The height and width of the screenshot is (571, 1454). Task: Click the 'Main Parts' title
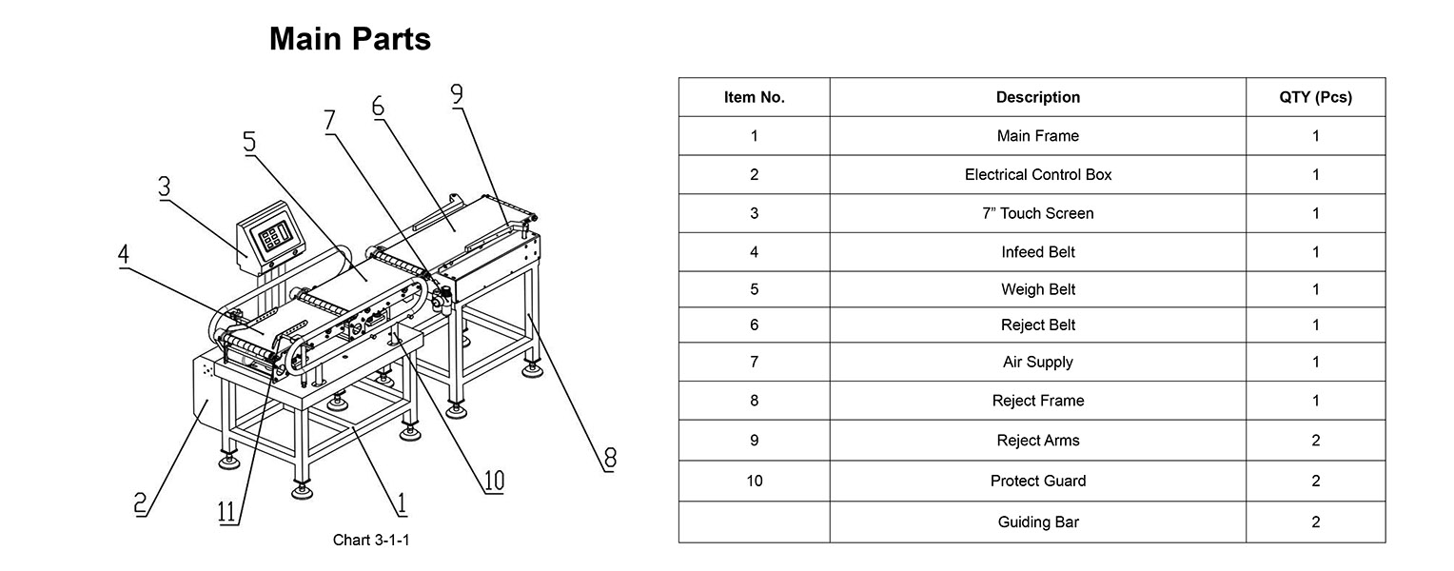[349, 39]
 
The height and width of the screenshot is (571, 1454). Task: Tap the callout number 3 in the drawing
[165, 187]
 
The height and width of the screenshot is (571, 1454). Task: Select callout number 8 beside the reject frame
[609, 459]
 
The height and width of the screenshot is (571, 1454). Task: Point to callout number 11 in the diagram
[227, 512]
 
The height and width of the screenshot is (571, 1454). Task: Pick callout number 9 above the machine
[457, 94]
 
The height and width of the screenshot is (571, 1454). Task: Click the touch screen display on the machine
[272, 236]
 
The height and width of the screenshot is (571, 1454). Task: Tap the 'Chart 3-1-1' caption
[371, 541]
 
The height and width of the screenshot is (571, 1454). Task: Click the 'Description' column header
[1037, 97]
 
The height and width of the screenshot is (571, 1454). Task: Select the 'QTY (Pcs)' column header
[1315, 97]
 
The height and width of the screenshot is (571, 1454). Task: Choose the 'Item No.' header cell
[754, 97]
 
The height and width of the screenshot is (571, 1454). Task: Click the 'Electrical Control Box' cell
[1037, 175]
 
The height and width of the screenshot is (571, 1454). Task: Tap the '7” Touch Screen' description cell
[1037, 214]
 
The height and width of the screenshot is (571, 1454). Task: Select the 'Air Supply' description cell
[1037, 363]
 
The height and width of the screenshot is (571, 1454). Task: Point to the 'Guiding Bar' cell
[1037, 522]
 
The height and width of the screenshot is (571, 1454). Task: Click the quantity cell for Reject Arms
[1315, 441]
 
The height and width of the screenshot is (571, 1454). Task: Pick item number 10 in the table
[754, 481]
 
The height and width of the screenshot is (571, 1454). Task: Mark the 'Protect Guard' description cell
[1037, 482]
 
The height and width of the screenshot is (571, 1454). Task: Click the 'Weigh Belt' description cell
[1037, 289]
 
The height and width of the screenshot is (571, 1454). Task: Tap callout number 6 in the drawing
[378, 106]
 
